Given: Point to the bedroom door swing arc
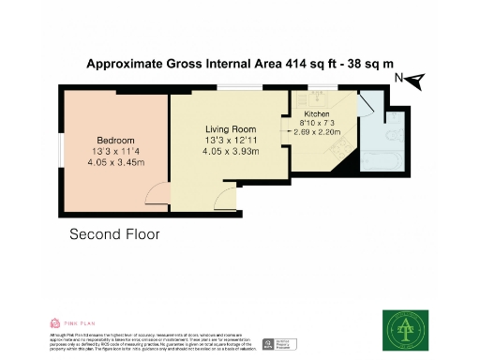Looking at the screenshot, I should [157, 194].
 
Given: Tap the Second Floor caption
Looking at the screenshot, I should [114, 233].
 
